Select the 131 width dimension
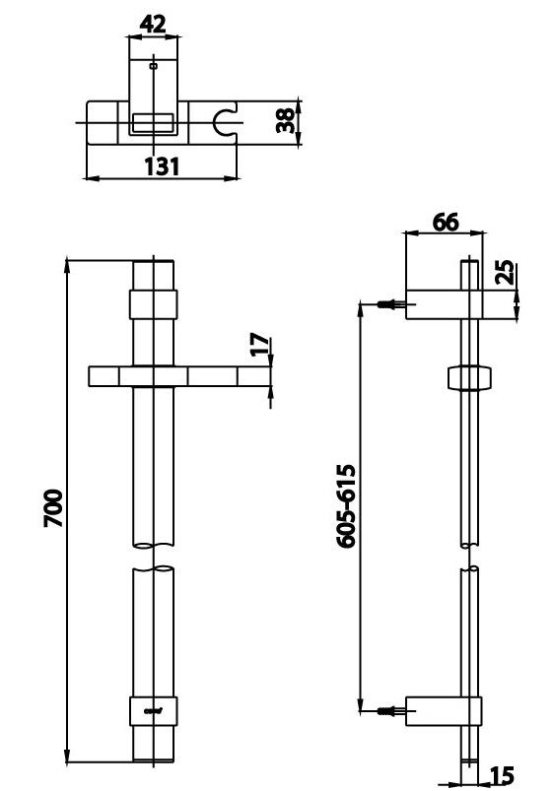[162, 165]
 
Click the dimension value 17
[259, 346]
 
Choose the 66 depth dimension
[446, 222]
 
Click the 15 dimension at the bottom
[501, 776]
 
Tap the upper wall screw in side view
[390, 304]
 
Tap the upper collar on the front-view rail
[153, 302]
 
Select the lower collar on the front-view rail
[153, 708]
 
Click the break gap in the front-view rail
[153, 558]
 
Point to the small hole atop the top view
[153, 66]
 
